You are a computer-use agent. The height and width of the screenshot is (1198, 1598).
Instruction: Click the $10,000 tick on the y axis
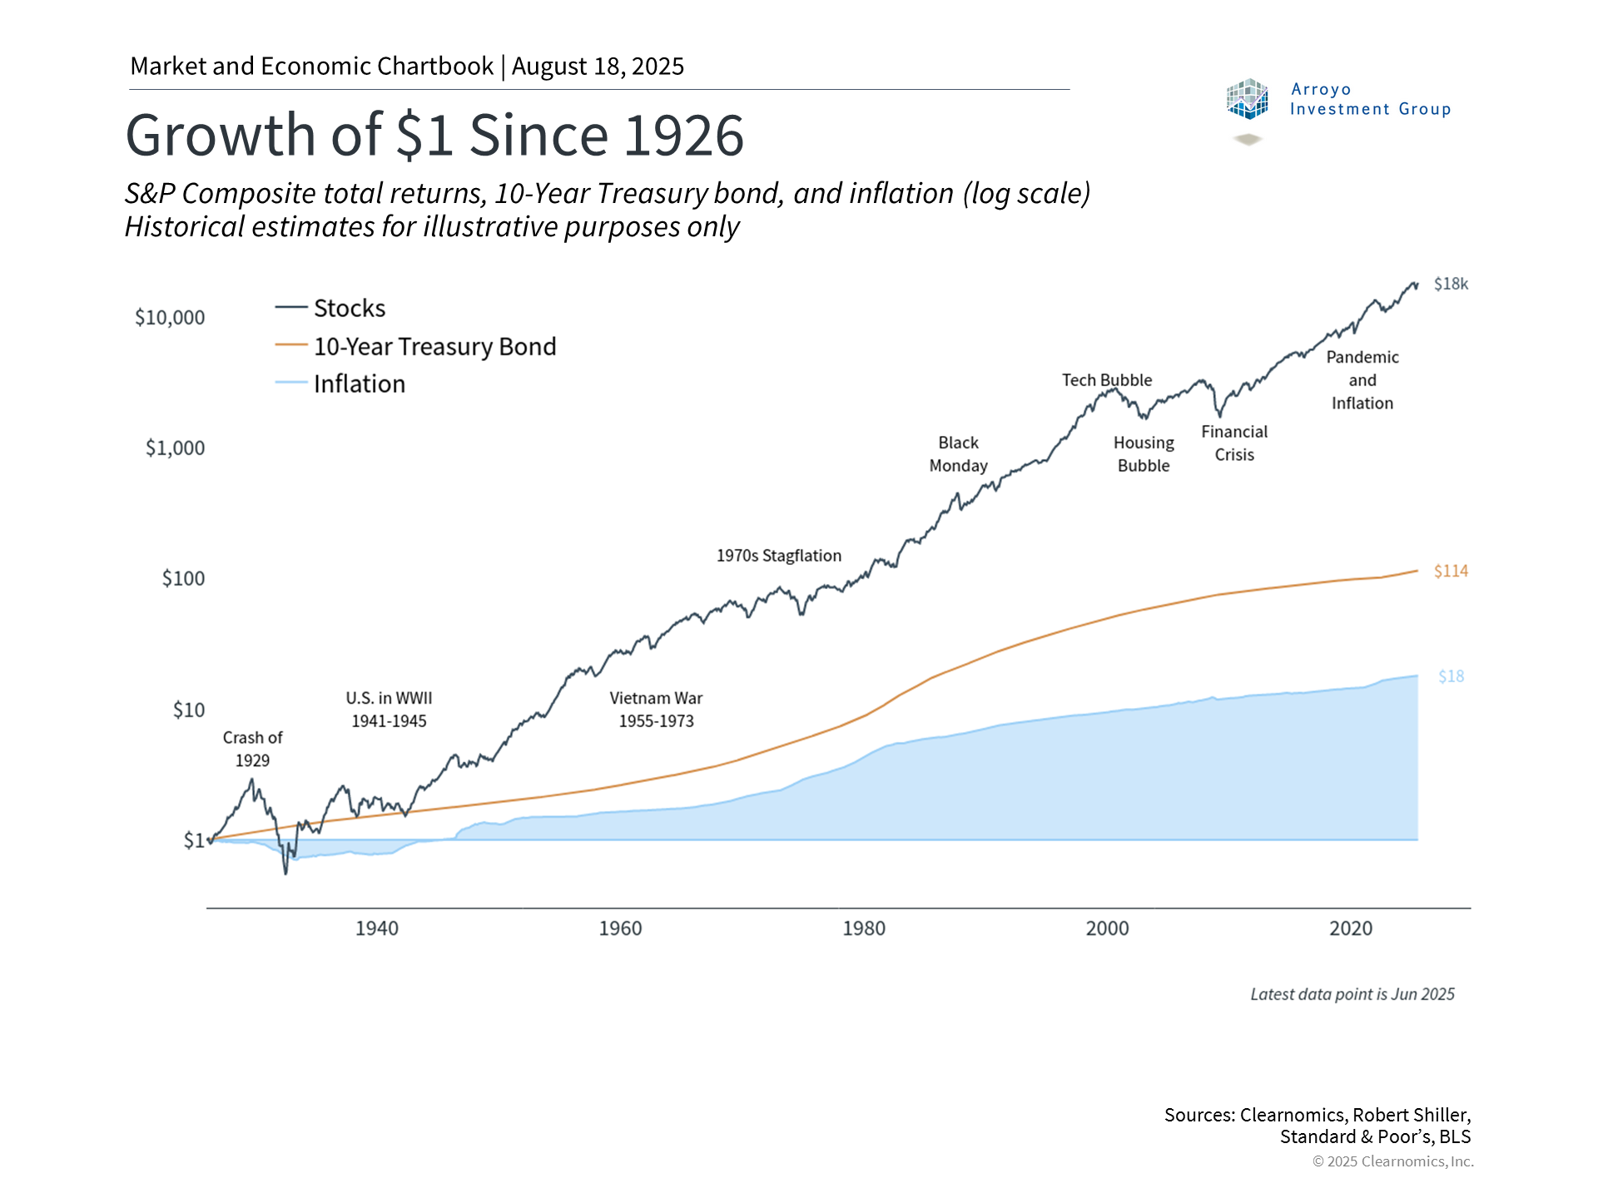click(x=170, y=317)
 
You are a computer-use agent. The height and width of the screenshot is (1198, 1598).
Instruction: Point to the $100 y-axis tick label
click(x=183, y=578)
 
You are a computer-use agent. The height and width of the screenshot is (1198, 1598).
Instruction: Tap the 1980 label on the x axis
click(x=863, y=928)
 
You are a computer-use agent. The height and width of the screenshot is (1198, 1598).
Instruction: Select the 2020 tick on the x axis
click(x=1350, y=928)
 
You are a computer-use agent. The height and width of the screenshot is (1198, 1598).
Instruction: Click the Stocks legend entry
click(x=349, y=309)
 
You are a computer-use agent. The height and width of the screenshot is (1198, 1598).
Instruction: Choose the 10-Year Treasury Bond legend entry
click(x=434, y=347)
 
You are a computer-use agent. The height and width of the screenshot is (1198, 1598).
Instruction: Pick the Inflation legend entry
click(x=359, y=384)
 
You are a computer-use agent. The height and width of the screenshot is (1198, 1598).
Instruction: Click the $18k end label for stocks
click(x=1451, y=285)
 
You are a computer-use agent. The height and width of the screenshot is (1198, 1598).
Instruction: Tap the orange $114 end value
click(x=1451, y=572)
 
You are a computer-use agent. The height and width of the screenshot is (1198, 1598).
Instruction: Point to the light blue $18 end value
click(x=1451, y=676)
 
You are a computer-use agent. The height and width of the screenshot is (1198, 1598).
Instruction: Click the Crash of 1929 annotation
click(x=252, y=749)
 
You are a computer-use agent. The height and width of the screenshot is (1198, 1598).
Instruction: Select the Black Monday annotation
click(x=958, y=454)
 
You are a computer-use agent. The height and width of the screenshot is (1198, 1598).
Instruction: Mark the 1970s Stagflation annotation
click(x=778, y=556)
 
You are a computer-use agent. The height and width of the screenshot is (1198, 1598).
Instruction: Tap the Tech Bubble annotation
click(x=1106, y=380)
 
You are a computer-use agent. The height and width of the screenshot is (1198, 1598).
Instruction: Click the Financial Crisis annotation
click(x=1233, y=443)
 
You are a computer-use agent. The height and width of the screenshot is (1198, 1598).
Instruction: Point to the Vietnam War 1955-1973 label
click(x=656, y=710)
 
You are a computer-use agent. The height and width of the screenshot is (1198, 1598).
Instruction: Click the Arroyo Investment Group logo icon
click(x=1247, y=100)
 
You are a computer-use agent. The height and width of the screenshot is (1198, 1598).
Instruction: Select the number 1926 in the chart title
click(x=683, y=136)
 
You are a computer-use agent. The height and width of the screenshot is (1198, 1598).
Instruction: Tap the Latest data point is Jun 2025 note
click(x=1352, y=994)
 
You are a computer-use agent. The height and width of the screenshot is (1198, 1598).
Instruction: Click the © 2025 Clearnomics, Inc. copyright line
click(x=1392, y=1161)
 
